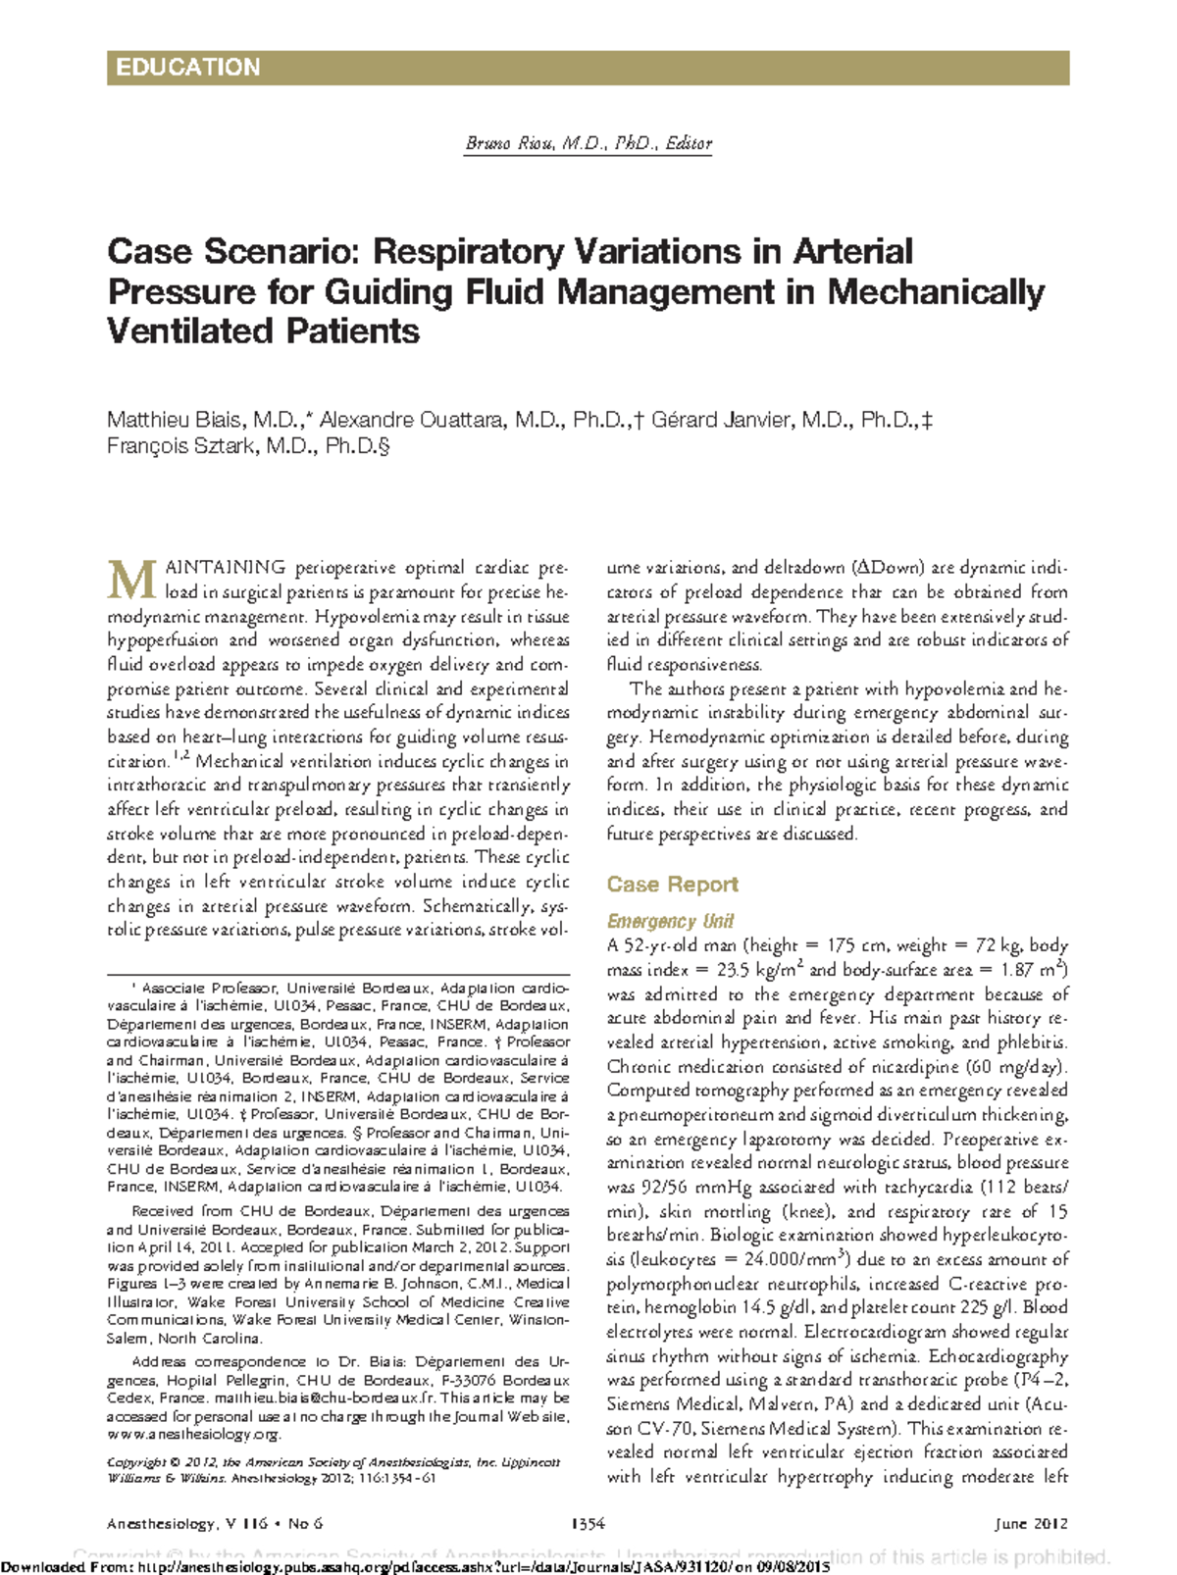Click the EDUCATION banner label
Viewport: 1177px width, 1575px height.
click(187, 68)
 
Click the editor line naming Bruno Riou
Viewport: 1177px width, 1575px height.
click(588, 143)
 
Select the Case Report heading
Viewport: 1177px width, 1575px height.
click(672, 885)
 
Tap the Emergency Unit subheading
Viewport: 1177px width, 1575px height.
click(670, 922)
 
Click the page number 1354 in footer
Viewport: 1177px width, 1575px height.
click(588, 1524)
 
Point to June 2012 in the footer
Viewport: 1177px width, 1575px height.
click(1031, 1524)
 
